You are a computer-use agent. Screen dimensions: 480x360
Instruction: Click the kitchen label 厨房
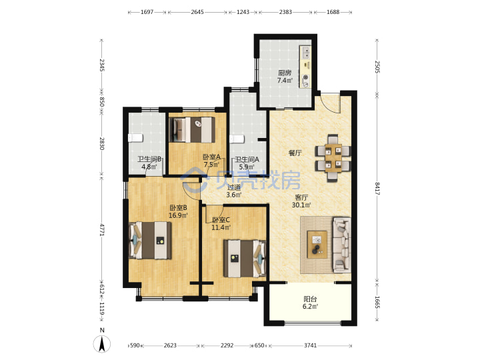click(x=285, y=73)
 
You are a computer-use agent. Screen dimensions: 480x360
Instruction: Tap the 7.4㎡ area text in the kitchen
click(x=285, y=81)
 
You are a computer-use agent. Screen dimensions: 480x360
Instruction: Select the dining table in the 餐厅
click(x=333, y=157)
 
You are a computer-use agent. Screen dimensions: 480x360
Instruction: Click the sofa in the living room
click(x=342, y=245)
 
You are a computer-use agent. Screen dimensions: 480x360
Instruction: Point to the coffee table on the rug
click(x=317, y=245)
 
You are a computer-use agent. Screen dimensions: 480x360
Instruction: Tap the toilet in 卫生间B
click(x=135, y=138)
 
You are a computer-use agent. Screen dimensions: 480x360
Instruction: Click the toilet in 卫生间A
click(x=237, y=139)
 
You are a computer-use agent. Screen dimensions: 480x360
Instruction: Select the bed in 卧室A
click(x=192, y=130)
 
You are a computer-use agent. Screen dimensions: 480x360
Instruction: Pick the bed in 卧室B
click(x=150, y=240)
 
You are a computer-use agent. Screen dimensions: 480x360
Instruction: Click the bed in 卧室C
click(x=245, y=259)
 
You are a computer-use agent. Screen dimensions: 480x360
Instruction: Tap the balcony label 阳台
click(x=310, y=299)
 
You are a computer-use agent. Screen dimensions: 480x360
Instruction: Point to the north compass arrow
click(x=102, y=343)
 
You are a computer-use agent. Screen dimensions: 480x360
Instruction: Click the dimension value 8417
click(x=377, y=189)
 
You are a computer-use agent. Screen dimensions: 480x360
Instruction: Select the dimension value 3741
click(x=310, y=345)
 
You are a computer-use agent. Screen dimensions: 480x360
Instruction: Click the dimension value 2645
click(x=197, y=12)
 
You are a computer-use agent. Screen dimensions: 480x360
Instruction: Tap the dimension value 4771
click(x=102, y=229)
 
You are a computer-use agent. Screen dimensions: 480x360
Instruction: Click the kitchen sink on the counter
click(x=305, y=53)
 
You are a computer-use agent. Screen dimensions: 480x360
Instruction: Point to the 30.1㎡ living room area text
click(x=301, y=205)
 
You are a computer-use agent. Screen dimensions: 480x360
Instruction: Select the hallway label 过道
click(x=234, y=187)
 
